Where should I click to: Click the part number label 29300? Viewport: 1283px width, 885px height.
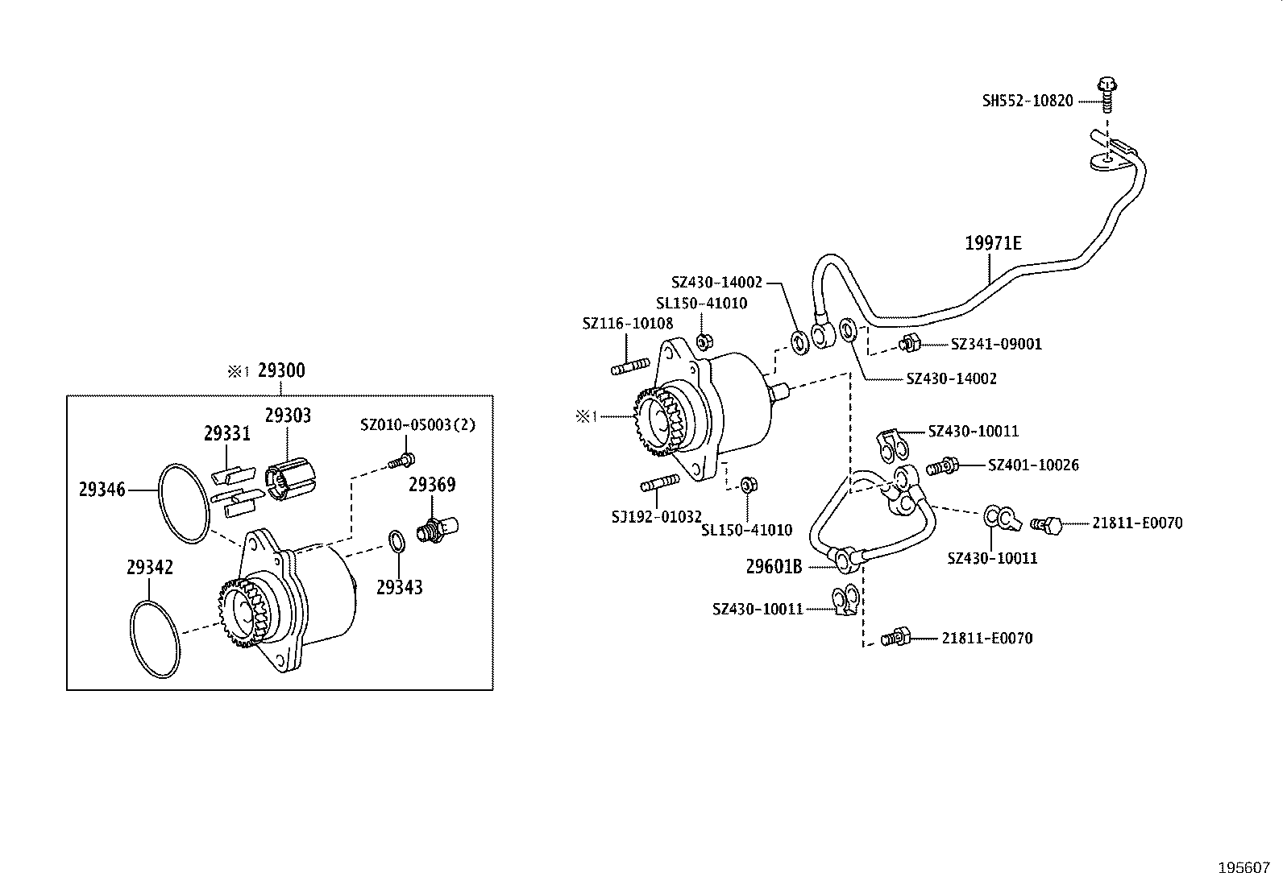point(281,371)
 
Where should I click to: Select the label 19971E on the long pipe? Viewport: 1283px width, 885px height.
point(993,243)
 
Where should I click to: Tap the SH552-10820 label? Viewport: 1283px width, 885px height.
point(1028,101)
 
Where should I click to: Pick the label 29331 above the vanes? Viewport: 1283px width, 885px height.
point(226,434)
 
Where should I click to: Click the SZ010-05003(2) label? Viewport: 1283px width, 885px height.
point(417,424)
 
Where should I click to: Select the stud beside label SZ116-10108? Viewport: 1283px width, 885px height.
point(630,368)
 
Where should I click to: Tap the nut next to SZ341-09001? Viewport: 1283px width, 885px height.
point(911,344)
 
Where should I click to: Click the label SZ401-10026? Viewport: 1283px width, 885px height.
point(1033,465)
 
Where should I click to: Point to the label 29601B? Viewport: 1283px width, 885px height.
point(773,566)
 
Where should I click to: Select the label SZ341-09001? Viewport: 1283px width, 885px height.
point(996,344)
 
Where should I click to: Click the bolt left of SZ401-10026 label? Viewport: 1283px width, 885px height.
point(941,465)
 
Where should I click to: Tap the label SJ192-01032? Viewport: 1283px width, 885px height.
point(656,516)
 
